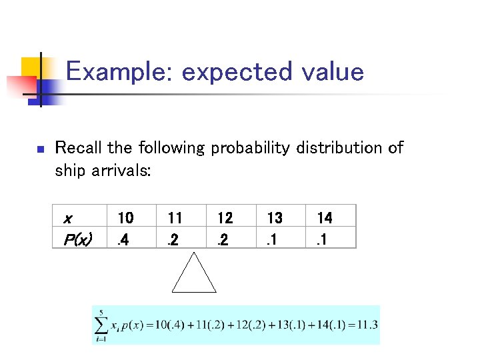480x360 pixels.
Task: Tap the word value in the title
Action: pos(331,72)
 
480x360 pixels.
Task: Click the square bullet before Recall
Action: pos(40,149)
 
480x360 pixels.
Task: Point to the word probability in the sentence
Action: pos(250,148)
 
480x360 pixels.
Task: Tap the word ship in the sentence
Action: pos(69,171)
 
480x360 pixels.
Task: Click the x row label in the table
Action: pos(67,218)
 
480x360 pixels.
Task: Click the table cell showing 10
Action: pos(125,218)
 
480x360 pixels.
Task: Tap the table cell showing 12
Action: pos(225,218)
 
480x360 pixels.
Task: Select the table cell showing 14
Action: pos(325,218)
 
